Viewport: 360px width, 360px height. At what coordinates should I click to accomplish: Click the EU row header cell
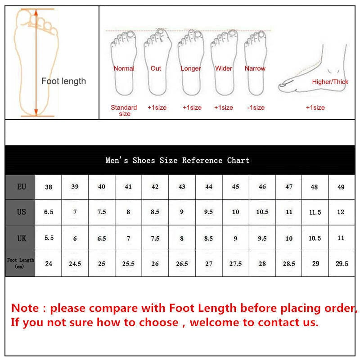point(21,186)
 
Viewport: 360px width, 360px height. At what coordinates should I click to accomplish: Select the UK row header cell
point(21,238)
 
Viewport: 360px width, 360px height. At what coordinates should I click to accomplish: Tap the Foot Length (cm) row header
point(21,263)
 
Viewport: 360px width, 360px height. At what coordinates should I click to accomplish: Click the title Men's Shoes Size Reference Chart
point(177,160)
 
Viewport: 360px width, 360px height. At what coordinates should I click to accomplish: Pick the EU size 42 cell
point(155,186)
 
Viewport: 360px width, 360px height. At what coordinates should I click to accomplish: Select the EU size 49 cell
point(341,187)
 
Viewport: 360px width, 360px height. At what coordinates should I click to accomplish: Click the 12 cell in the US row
point(341,212)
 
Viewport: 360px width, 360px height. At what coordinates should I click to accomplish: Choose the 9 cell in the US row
point(182,212)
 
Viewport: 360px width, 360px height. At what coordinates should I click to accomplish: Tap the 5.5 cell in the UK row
point(49,238)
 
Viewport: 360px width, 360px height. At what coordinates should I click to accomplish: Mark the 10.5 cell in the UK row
point(315,238)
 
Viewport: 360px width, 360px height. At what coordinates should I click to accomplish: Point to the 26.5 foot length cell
point(182,264)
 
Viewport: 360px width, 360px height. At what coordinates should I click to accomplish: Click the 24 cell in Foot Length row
point(49,264)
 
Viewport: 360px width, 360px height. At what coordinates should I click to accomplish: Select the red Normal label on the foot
point(124,68)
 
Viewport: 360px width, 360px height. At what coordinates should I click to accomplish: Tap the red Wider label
point(224,68)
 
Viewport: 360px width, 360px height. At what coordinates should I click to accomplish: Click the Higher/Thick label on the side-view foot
point(330,82)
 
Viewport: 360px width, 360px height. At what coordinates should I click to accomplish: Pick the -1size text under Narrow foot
point(256,108)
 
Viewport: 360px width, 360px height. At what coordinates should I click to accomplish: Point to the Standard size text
point(124,110)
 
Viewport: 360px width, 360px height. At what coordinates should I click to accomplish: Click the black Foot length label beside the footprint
point(63,81)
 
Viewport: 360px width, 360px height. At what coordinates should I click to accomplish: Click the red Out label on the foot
point(156,68)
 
